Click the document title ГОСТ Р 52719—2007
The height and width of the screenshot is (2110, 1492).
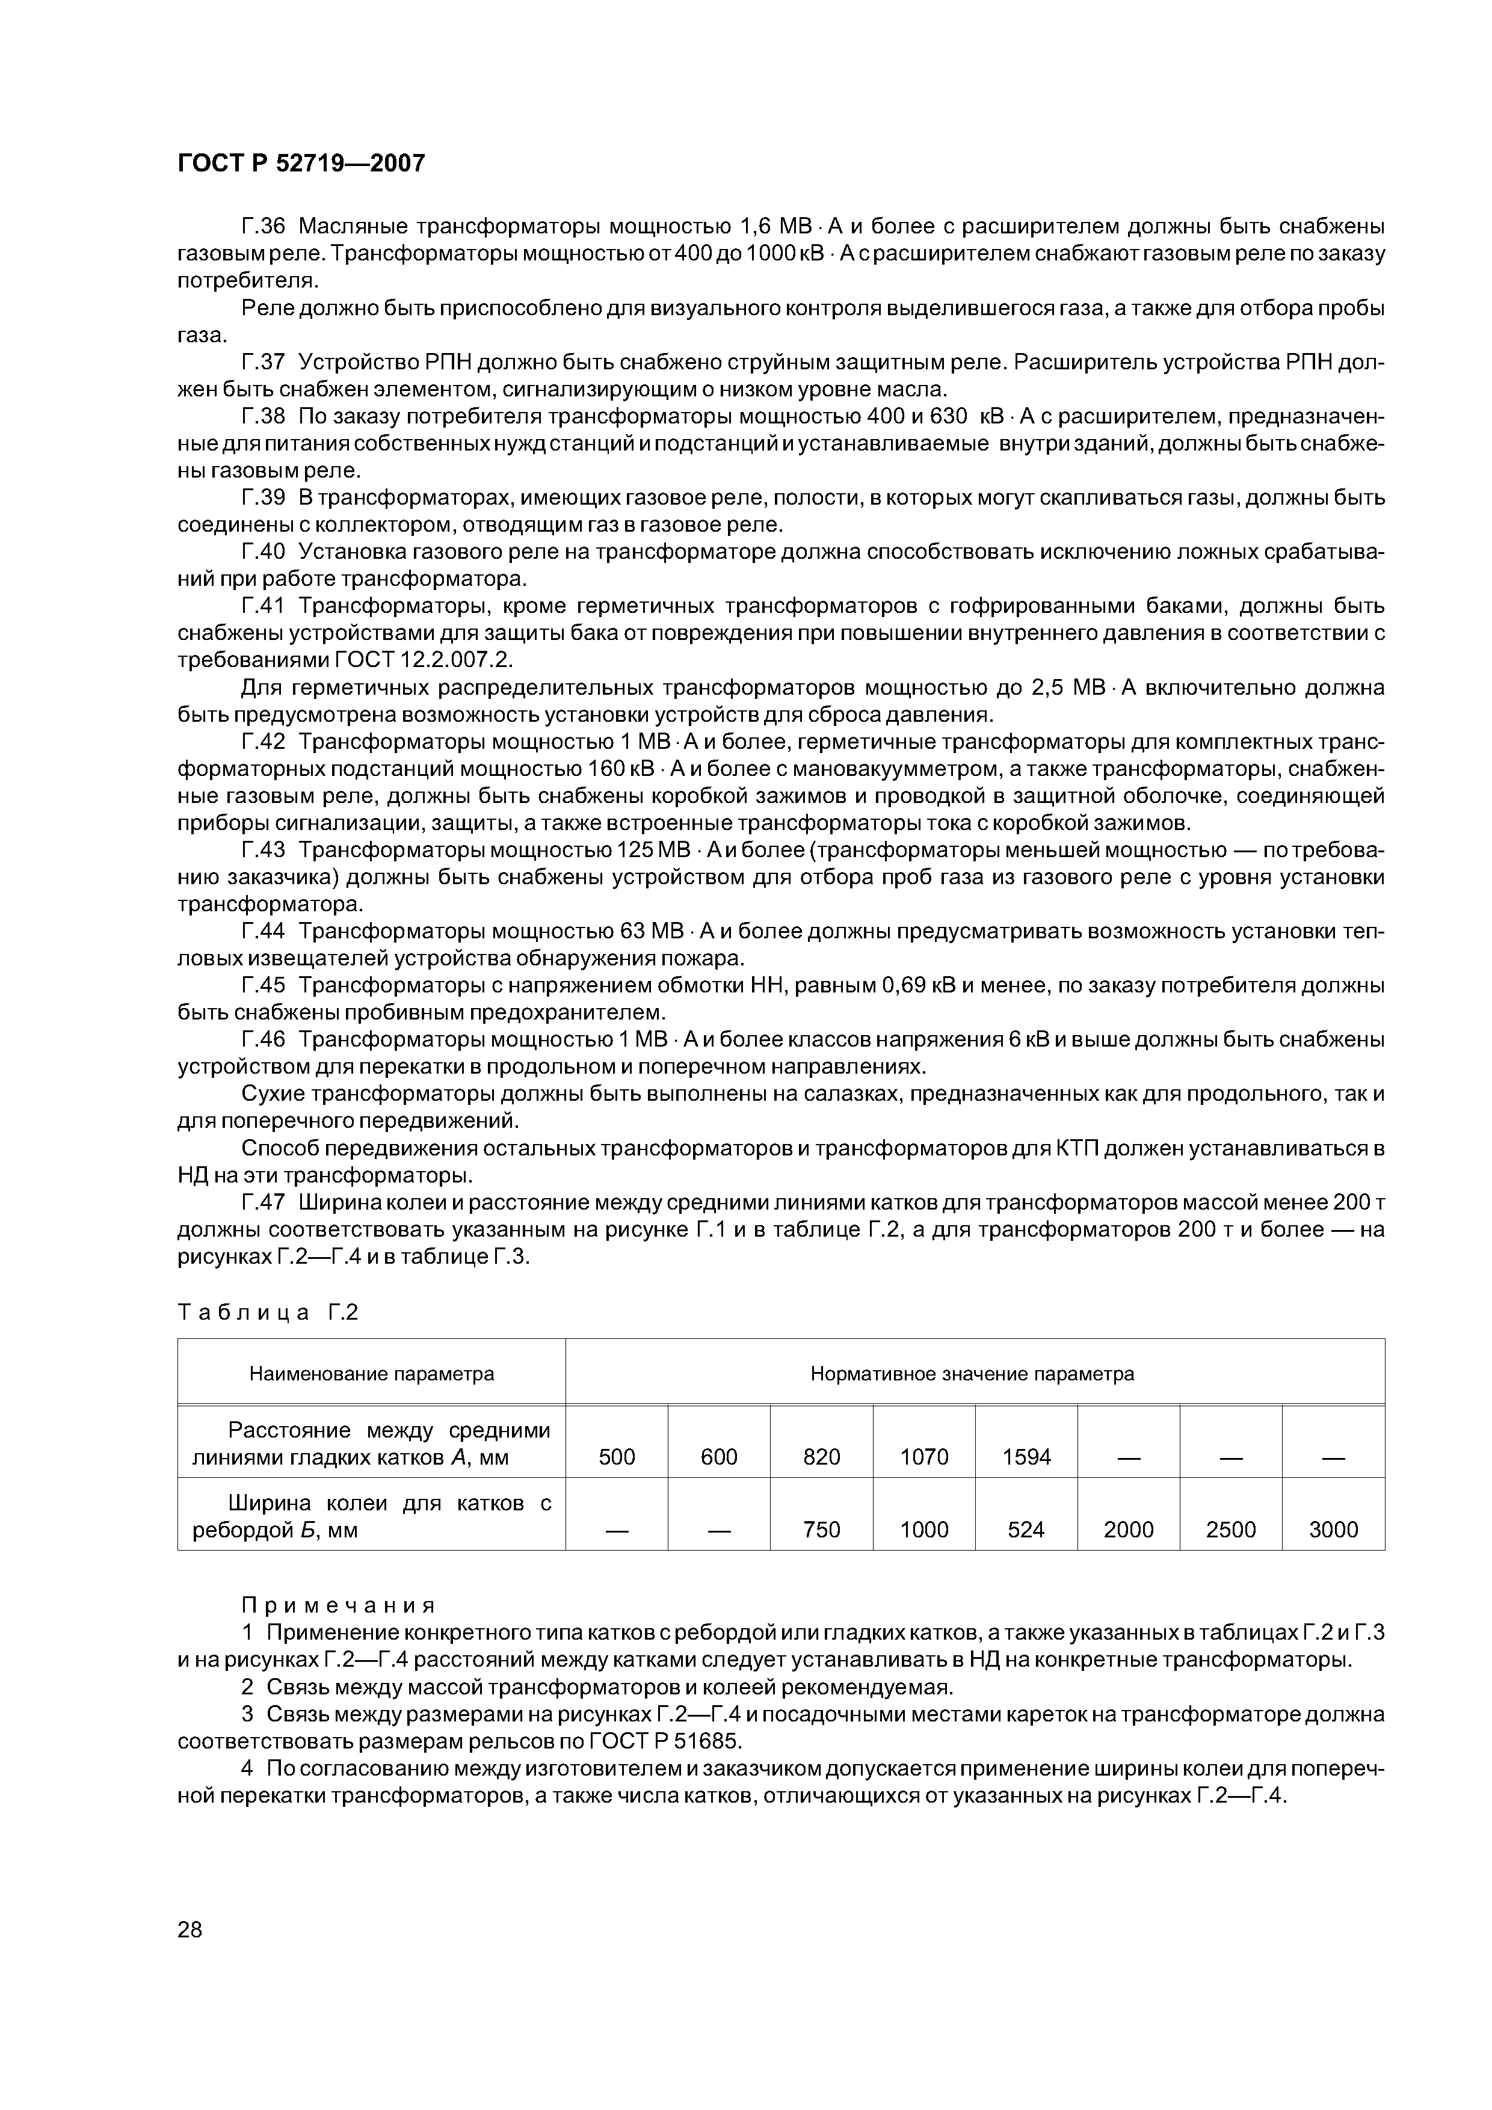301,164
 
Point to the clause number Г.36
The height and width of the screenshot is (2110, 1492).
265,226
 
